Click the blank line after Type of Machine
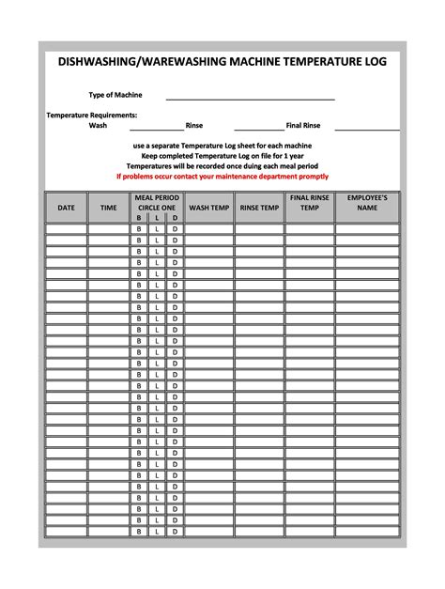250,97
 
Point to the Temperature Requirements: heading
92,115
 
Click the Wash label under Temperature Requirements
98,125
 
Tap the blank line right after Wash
156,128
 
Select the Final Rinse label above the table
303,125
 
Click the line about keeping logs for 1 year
222,155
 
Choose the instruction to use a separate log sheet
222,146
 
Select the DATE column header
66,208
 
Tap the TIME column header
109,208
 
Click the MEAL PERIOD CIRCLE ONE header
157,203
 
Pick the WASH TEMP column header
208,208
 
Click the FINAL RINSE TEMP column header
309,203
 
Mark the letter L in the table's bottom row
157,532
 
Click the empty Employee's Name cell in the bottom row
367,532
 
